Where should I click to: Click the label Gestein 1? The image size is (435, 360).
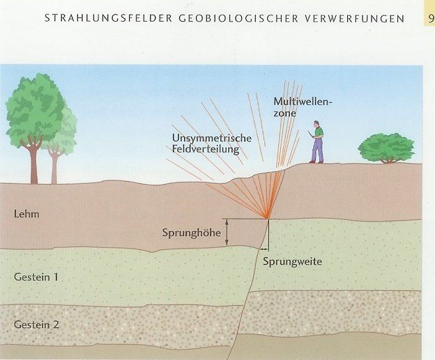[36, 276]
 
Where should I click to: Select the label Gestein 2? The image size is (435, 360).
[36, 324]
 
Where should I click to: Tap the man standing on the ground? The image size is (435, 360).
[317, 142]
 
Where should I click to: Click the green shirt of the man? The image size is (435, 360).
[319, 131]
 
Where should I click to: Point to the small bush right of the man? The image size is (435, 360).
[386, 148]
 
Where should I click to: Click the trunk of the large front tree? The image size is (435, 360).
[31, 163]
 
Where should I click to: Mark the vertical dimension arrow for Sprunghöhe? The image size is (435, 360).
[228, 232]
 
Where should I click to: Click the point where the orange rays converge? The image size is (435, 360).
[268, 218]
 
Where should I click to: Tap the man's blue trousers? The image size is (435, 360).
[317, 149]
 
